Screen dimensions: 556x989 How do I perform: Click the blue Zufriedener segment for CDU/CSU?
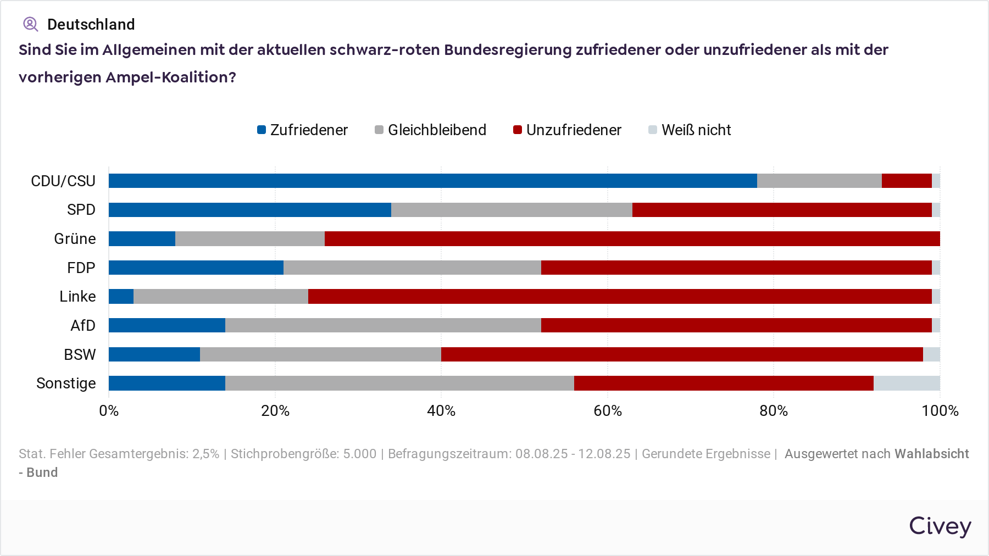[432, 181]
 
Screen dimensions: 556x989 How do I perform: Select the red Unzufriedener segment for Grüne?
[632, 238]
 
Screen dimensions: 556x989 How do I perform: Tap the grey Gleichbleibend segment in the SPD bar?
[512, 210]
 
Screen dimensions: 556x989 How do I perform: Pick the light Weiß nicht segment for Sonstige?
[907, 383]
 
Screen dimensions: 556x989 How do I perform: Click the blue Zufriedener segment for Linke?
[121, 297]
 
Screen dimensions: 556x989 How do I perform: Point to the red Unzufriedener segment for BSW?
[682, 354]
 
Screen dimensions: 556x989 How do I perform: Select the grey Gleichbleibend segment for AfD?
[383, 325]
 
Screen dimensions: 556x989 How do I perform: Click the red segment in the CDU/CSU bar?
[907, 181]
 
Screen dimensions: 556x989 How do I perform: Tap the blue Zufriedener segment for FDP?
[196, 268]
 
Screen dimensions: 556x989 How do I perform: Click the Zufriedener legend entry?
[303, 130]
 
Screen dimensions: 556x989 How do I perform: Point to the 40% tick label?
[441, 411]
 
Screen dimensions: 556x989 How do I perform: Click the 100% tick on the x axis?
[940, 411]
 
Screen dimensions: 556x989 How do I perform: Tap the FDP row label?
[81, 268]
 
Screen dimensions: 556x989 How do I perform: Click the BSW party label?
[80, 354]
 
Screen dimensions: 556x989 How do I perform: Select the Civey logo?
[940, 526]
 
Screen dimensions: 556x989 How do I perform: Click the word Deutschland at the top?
[91, 24]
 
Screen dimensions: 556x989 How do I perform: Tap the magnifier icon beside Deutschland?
[30, 24]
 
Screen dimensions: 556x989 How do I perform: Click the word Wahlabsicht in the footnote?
[931, 454]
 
